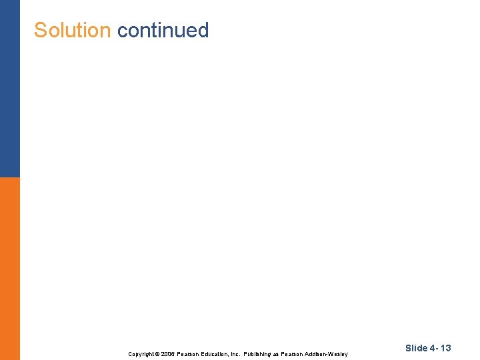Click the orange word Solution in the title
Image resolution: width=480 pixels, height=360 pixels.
(72, 30)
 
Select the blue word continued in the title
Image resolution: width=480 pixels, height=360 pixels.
(163, 30)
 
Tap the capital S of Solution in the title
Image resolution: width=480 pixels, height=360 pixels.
(40, 30)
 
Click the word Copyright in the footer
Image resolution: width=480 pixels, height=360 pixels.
(140, 354)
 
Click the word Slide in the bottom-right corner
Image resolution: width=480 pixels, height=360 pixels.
(416, 348)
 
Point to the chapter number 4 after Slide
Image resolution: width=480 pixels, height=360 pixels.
(431, 348)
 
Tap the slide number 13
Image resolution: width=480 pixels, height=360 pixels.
(445, 348)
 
